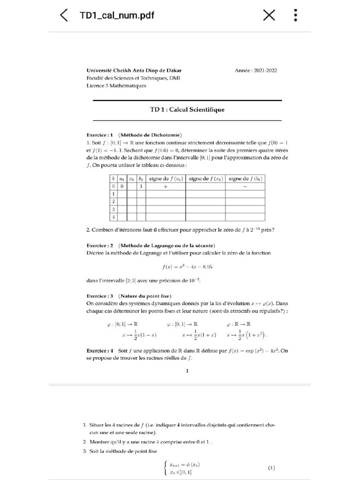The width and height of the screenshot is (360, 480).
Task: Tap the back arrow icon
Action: coord(64,15)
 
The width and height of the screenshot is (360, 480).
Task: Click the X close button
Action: coord(269,15)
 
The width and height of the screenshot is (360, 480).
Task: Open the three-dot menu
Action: coord(295,15)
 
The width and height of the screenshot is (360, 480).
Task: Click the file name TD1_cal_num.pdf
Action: coord(117,15)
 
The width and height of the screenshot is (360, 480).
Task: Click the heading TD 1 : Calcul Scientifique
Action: coord(187,110)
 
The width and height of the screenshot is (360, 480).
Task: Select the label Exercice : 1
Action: coord(100,135)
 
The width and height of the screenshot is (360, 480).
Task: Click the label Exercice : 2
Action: coord(100,245)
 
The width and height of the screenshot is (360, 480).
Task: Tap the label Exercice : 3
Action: coord(100,296)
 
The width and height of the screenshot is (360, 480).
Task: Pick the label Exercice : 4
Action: coord(100,351)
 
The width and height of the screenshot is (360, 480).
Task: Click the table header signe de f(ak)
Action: coord(165,179)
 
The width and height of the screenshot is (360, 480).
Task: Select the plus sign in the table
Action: coord(165,186)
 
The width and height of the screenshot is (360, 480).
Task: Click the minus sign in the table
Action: coord(245,186)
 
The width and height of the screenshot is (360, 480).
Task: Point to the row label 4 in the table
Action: coord(113,217)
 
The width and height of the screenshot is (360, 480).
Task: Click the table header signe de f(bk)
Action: coord(245,179)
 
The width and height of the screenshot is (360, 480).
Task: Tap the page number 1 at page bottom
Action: coord(187,371)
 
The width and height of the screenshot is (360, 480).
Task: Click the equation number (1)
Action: coord(271,468)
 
